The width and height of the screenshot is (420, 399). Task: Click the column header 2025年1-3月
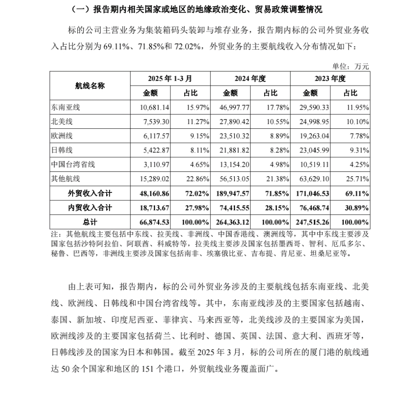(170, 78)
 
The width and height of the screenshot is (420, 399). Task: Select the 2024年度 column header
(250, 78)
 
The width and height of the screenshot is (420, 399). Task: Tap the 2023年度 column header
(330, 78)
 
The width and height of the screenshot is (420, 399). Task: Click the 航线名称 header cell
(90, 86)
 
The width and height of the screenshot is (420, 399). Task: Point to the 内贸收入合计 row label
(90, 207)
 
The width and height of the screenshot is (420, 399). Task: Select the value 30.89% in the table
(357, 207)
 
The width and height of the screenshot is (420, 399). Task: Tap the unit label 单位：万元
(350, 66)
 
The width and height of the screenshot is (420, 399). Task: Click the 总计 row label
(90, 222)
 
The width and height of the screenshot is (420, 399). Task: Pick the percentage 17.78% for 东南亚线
(277, 107)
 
